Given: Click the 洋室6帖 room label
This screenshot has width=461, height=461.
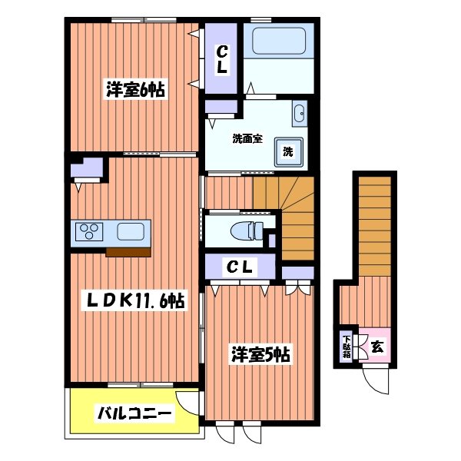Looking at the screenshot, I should click(x=135, y=89).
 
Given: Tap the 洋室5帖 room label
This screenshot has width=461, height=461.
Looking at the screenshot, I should click(x=261, y=355).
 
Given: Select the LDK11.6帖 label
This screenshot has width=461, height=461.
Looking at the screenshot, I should click(x=134, y=300).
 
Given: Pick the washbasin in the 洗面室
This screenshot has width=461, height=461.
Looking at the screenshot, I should click(x=299, y=114).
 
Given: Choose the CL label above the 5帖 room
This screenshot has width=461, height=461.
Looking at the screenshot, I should click(x=239, y=267).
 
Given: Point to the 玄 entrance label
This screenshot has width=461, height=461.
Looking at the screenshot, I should click(x=377, y=347).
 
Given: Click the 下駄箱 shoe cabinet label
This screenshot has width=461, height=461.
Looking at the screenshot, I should click(x=347, y=347).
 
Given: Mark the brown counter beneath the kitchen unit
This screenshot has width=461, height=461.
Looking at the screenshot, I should click(x=128, y=251).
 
